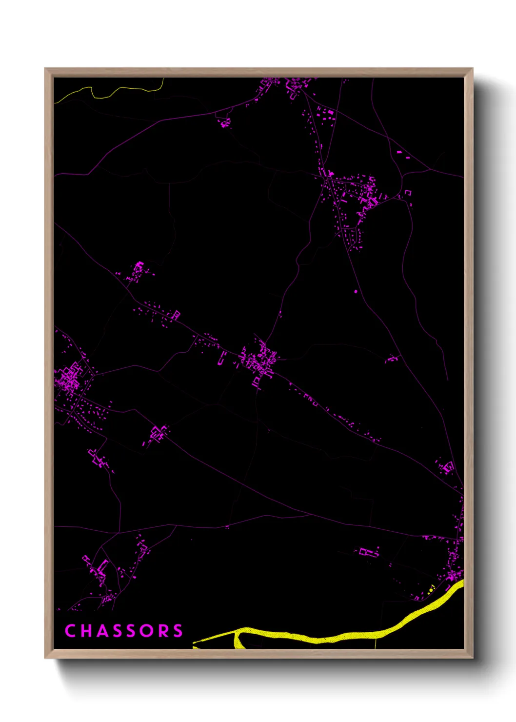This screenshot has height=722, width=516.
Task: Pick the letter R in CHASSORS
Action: coord(163,631)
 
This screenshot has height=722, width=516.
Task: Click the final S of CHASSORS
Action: coord(178,631)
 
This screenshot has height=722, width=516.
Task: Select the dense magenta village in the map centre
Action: coord(258,361)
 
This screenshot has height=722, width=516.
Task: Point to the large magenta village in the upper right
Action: coord(356,195)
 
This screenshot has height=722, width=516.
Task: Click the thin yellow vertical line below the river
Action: coord(376,643)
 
